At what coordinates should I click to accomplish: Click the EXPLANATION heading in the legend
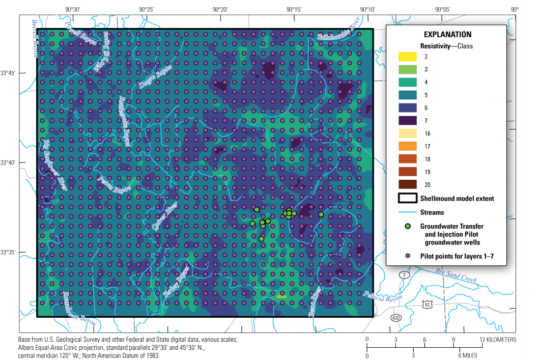pos(447,35)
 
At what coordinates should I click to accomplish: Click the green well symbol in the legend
pos(408,226)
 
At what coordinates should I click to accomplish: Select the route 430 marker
pos(395,318)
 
